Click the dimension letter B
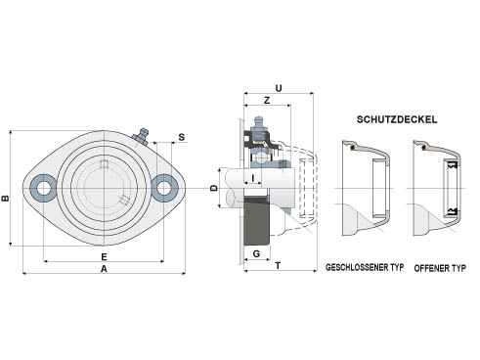click(x=5, y=198)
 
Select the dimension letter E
click(x=104, y=257)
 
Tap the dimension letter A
click(x=104, y=269)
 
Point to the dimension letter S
click(x=182, y=137)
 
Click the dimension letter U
click(x=279, y=88)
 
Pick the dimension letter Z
click(x=267, y=101)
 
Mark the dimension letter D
click(x=214, y=188)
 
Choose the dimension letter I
click(x=253, y=178)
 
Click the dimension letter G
click(x=257, y=253)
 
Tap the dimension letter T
click(x=278, y=266)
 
